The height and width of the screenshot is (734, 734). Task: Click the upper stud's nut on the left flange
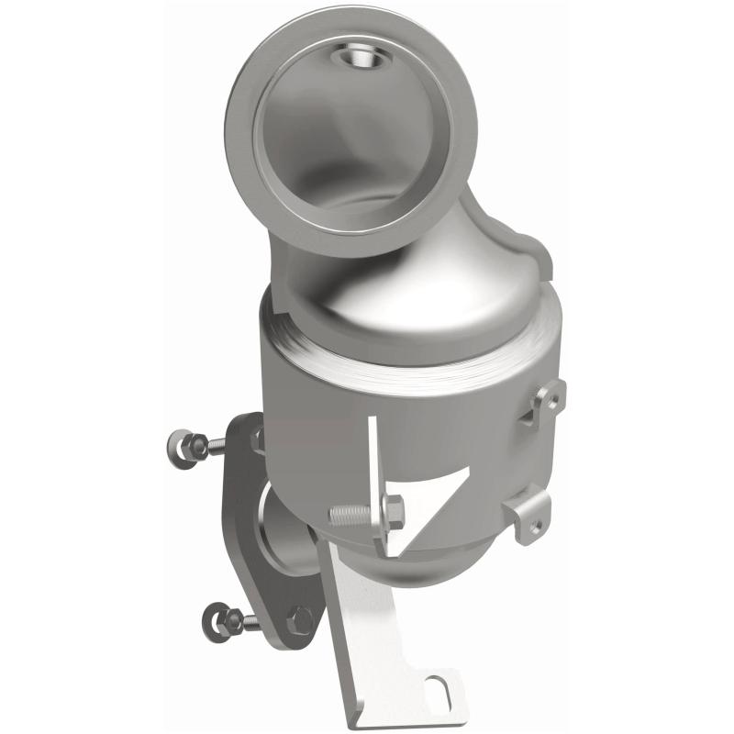point(196,446)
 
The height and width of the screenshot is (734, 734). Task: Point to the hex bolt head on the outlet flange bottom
point(298,620)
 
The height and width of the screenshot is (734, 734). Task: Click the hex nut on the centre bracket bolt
point(392,511)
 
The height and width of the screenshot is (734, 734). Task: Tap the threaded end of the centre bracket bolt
point(347,516)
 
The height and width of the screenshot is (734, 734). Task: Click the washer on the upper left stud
point(181,447)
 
